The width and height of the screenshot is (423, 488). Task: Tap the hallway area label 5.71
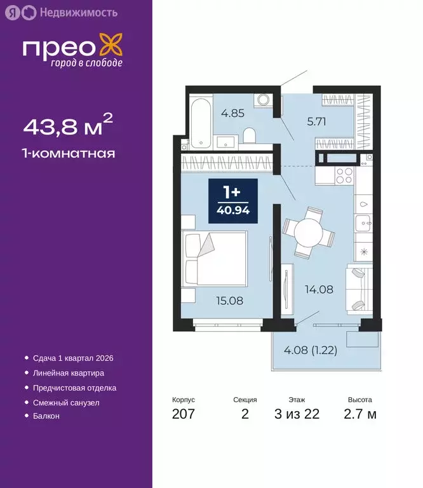pos(316,123)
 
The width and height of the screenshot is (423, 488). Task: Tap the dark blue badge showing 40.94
pos(233,200)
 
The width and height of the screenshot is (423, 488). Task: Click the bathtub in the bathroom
pos(199,122)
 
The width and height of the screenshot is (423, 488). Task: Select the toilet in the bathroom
pos(250,137)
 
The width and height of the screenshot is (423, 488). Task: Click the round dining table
pos(309,233)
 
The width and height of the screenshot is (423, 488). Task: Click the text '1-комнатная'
pos(69,153)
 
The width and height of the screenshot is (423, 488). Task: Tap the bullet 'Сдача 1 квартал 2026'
pos(72,358)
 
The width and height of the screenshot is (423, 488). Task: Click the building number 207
pos(183,415)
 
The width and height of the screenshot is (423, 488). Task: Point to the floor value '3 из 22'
pos(297,415)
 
